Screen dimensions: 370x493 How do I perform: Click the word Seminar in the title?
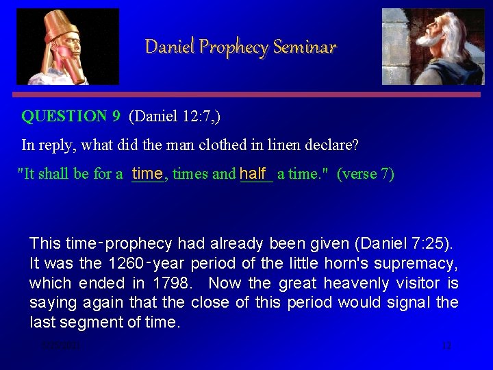305,47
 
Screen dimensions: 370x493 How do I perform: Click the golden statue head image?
67,47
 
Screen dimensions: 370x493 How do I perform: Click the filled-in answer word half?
253,173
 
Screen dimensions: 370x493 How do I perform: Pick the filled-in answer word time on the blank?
147,173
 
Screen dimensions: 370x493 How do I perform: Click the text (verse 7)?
366,174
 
